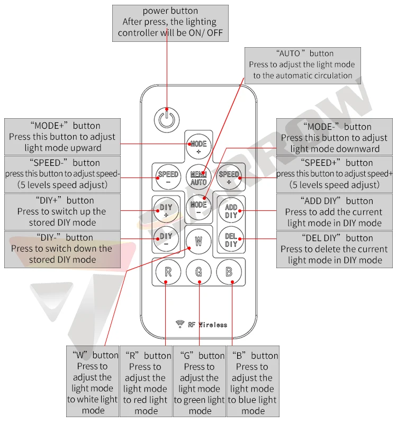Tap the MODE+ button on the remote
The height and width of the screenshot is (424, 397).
point(198,147)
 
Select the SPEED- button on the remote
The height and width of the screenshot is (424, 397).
point(168,177)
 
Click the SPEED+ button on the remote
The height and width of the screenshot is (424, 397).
point(229,177)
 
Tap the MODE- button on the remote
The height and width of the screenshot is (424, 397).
point(198,207)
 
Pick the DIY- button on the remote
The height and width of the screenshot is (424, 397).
point(166,239)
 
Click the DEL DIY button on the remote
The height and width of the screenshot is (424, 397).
point(231,240)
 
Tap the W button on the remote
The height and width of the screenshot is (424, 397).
point(198,241)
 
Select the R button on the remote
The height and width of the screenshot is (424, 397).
point(168,272)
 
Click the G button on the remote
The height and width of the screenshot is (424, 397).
point(198,272)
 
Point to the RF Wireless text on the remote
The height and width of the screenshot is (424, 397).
point(207,324)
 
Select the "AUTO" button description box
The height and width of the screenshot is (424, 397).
point(302,64)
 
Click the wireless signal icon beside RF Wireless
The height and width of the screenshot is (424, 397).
point(179,324)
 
